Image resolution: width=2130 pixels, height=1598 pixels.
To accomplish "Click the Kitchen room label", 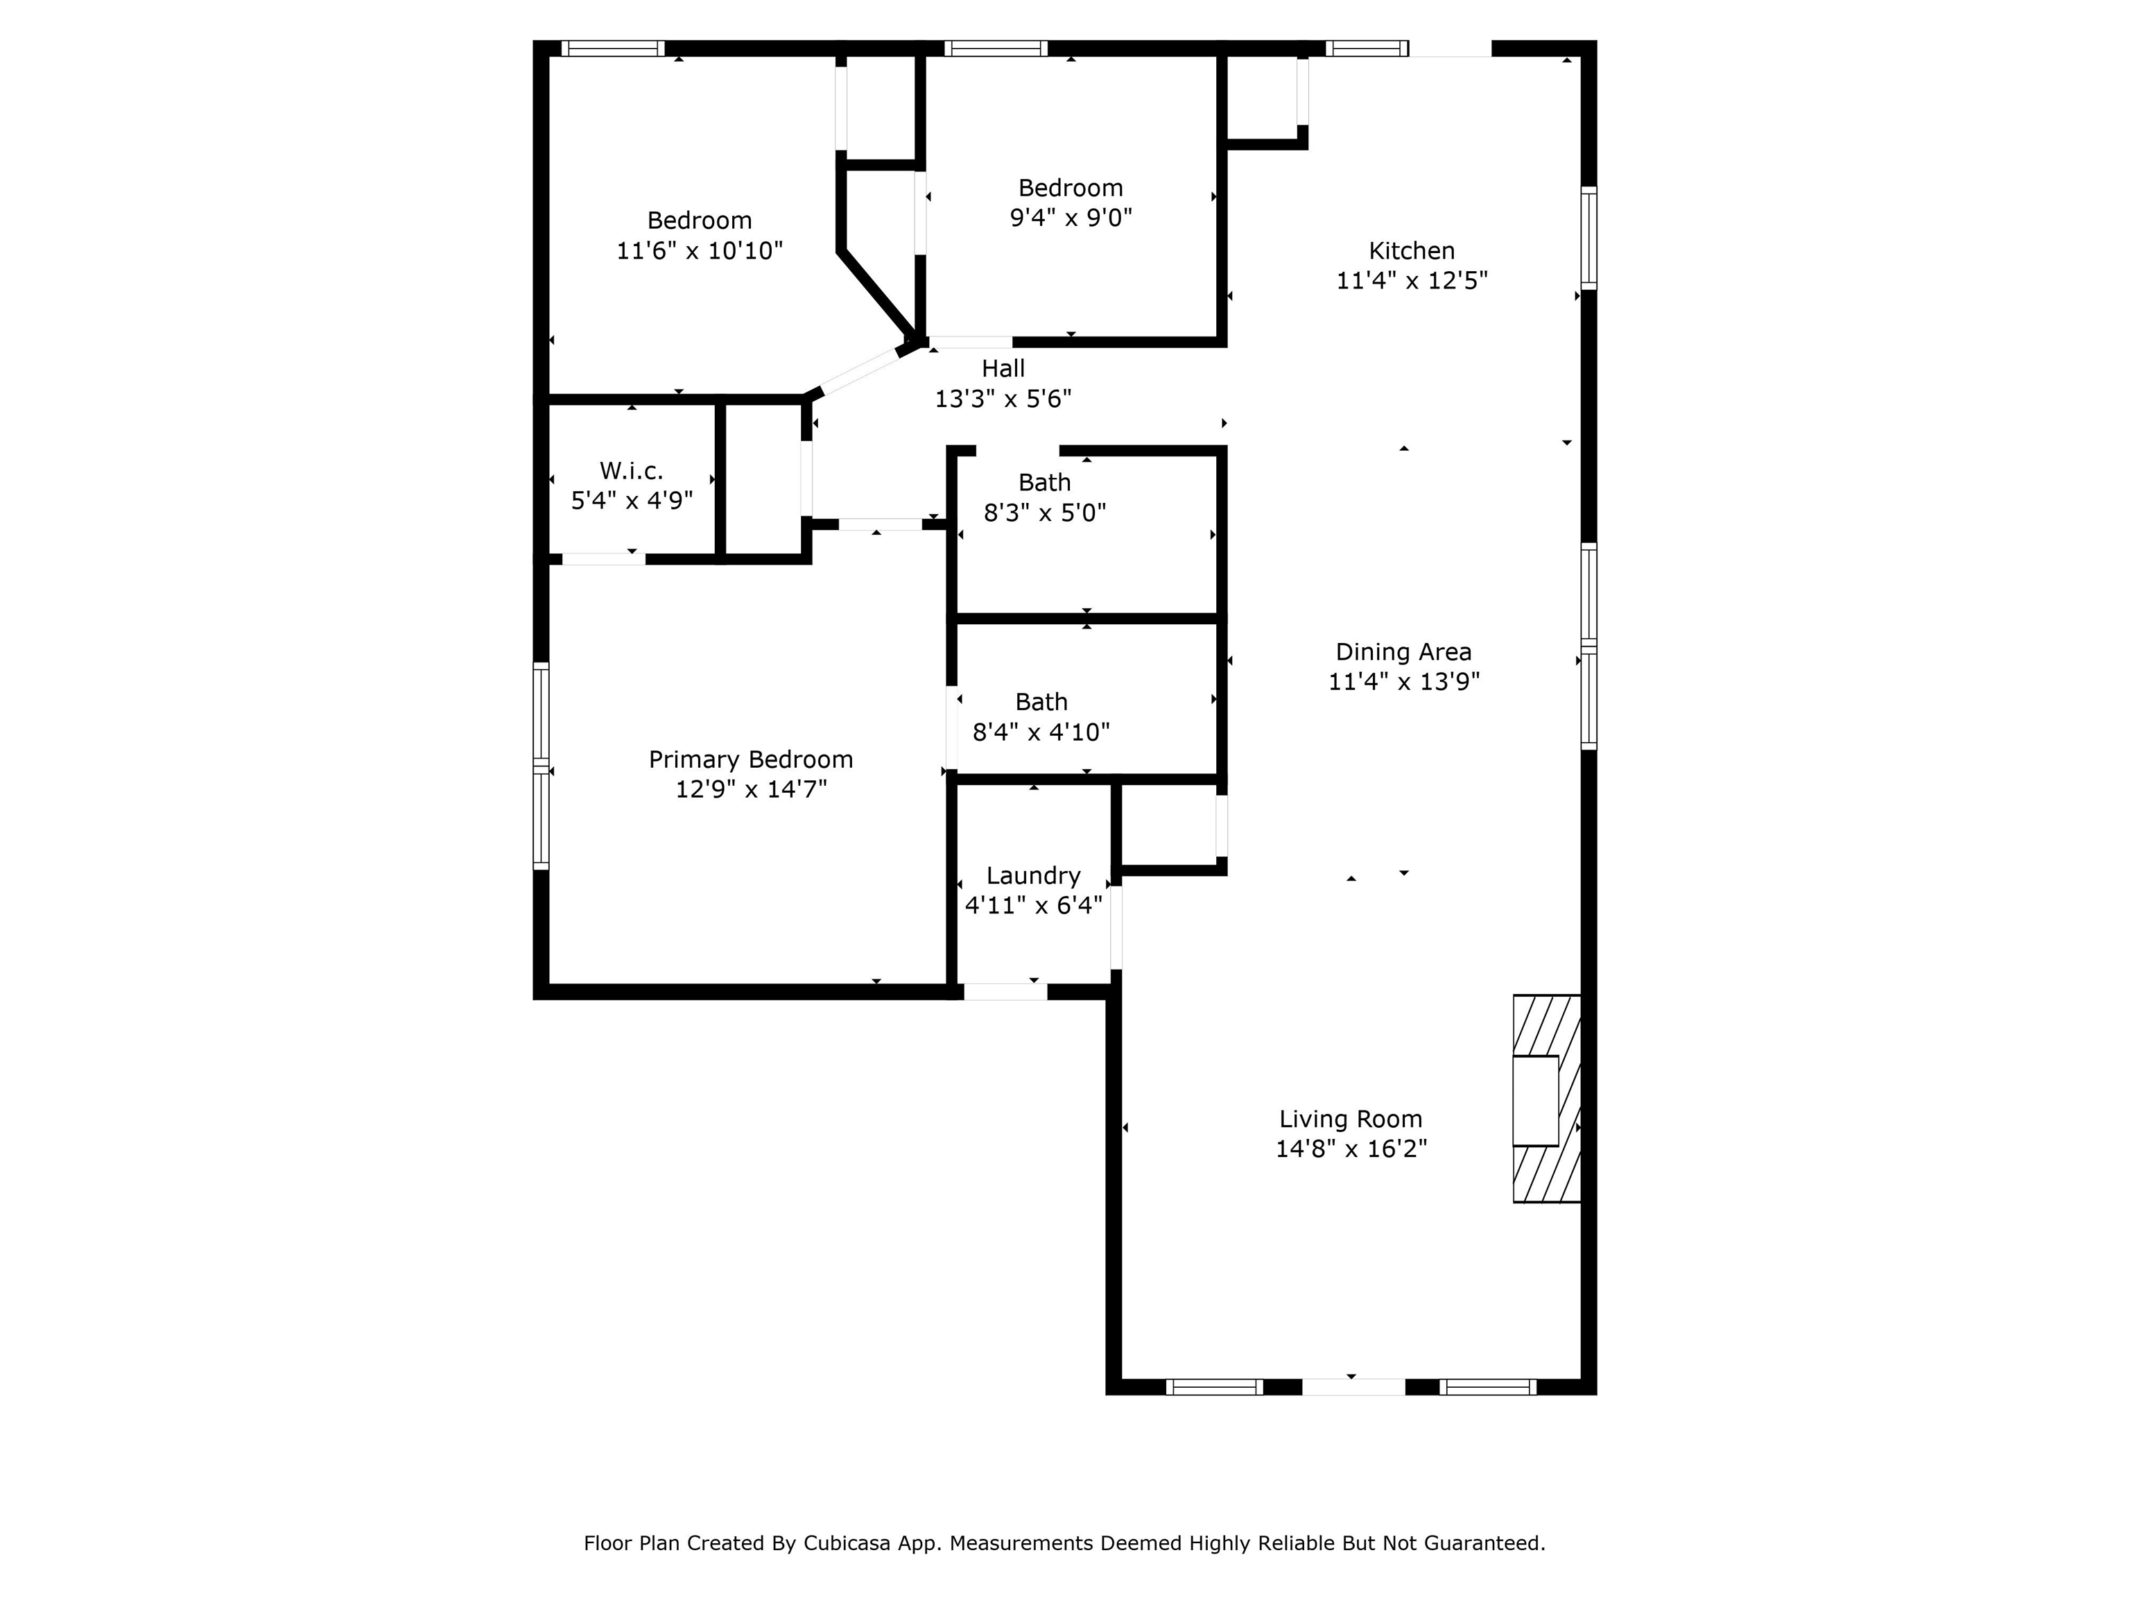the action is click(x=1412, y=251).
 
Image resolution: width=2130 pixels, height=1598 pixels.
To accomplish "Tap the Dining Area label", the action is click(x=1403, y=652).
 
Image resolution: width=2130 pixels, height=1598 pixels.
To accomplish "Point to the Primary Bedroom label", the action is click(x=751, y=760).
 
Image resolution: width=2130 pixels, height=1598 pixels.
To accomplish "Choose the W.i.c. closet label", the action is click(x=632, y=471).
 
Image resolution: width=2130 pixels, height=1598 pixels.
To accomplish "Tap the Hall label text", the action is click(x=1003, y=368).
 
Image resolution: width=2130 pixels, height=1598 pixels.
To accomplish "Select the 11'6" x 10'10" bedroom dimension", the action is click(x=700, y=250).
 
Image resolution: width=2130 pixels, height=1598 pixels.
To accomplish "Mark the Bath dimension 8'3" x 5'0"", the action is click(x=1045, y=513).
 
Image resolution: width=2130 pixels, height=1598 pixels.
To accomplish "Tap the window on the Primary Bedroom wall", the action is click(x=541, y=766).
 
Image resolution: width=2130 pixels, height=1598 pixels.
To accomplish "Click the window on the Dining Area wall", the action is click(x=1589, y=646).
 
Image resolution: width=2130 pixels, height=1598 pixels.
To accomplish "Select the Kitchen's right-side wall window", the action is click(x=1589, y=238).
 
